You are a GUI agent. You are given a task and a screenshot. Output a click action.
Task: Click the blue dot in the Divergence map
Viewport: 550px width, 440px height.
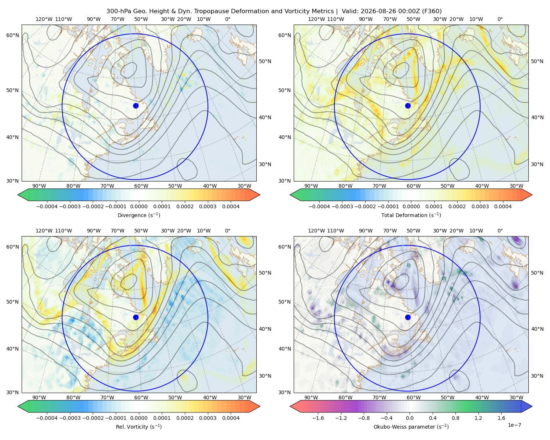[136, 106]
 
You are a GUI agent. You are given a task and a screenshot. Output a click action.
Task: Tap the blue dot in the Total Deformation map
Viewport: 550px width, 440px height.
[408, 106]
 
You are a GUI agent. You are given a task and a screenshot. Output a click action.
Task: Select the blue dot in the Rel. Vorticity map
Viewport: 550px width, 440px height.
[136, 317]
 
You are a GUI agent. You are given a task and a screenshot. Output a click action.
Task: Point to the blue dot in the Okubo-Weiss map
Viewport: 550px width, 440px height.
[408, 317]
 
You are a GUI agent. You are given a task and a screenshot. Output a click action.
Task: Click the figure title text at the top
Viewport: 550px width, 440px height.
[274, 11]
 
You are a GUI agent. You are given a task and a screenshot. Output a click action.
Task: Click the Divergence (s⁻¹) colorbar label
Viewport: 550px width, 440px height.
[139, 215]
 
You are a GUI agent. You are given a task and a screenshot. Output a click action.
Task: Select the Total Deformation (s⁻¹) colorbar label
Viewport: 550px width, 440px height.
[411, 215]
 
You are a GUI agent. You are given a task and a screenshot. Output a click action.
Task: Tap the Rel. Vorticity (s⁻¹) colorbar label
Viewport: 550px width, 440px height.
[139, 427]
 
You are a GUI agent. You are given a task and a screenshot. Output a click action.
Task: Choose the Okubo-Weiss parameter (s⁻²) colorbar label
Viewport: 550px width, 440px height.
[411, 427]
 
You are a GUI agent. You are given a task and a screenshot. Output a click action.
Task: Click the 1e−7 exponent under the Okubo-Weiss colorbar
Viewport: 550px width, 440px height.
[514, 425]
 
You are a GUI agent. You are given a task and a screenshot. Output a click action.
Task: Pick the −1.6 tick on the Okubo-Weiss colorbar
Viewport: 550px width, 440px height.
[318, 418]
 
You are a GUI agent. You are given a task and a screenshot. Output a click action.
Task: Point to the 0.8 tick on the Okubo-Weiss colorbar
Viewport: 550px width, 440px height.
[455, 418]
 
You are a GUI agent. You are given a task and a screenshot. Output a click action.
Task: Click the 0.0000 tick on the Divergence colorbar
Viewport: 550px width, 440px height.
[139, 206]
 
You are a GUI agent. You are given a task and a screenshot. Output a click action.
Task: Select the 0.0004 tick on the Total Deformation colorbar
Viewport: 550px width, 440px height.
[503, 206]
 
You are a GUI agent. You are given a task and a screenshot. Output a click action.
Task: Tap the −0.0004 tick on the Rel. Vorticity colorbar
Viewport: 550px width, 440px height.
[47, 418]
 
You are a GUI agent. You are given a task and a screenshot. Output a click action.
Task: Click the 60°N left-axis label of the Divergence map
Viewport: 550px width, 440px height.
[12, 35]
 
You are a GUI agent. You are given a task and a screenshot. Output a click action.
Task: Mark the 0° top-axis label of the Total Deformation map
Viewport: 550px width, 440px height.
[500, 19]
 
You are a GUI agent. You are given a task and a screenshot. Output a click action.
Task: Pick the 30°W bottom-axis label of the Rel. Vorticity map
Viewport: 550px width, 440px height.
[244, 397]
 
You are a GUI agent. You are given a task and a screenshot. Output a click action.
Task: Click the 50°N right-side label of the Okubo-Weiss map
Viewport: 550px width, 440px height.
[537, 273]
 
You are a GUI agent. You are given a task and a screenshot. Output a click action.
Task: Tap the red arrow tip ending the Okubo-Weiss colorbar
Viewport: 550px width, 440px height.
[291, 406]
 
